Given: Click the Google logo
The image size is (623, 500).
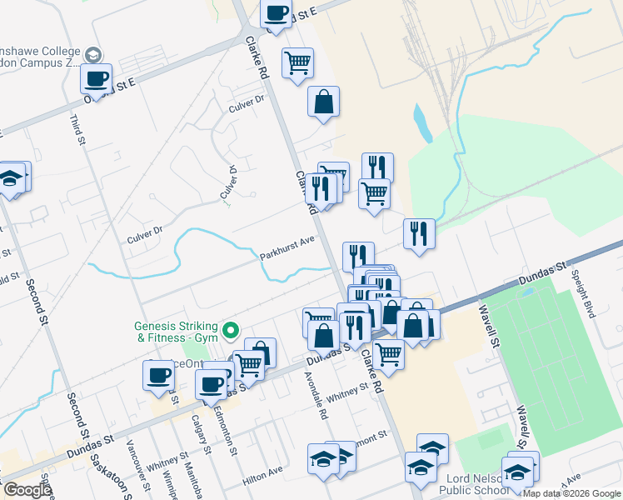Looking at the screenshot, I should pos(27,490).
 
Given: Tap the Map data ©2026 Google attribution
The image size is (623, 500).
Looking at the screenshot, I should pos(571,493).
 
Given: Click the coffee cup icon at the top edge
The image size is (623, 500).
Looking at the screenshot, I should pos(277,13).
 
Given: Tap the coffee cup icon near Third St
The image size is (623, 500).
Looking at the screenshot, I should pos(97,78).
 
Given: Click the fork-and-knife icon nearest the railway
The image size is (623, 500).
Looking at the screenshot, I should pos(419,233).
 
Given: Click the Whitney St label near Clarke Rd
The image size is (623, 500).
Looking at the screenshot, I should pos(350,389).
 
